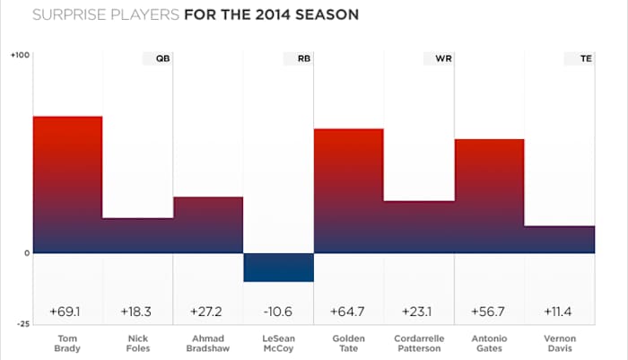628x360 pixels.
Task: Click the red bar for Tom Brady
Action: [x=67, y=184]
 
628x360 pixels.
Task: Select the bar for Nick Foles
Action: [x=137, y=235]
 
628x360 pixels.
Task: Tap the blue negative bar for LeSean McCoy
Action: [x=278, y=268]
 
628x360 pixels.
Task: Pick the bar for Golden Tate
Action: [x=348, y=190]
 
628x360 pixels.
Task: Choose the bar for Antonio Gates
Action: [x=489, y=196]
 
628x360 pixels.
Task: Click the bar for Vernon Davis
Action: [x=559, y=240]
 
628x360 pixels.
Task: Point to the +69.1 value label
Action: [x=67, y=312]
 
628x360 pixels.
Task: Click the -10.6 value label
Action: [x=278, y=312]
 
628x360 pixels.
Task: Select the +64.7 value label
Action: [x=348, y=312]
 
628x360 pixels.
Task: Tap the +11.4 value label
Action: [x=559, y=312]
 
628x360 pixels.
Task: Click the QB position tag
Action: [x=157, y=58]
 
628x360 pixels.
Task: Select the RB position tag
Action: [x=297, y=58]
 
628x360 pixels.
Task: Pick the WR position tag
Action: [x=438, y=58]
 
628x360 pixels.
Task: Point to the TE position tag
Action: [x=579, y=58]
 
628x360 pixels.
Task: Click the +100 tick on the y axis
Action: [x=20, y=56]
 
